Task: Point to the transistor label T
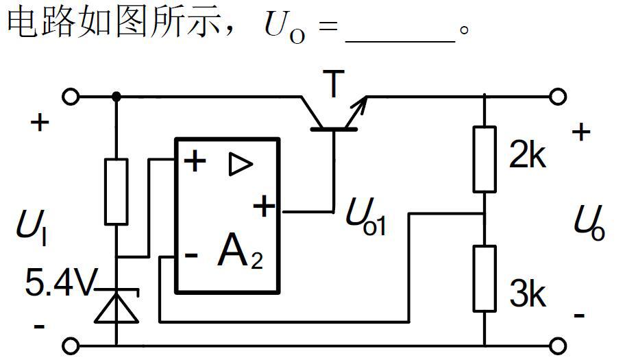[334, 85]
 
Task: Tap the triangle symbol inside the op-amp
[241, 165]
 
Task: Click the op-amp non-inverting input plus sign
[195, 162]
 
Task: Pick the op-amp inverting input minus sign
[193, 256]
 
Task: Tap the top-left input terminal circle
[71, 97]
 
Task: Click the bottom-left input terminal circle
[71, 345]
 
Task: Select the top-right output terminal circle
[559, 97]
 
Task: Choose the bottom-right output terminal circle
[559, 345]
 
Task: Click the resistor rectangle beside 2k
[485, 158]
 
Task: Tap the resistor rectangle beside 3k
[485, 278]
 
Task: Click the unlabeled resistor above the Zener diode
[116, 191]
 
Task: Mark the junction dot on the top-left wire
[116, 97]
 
